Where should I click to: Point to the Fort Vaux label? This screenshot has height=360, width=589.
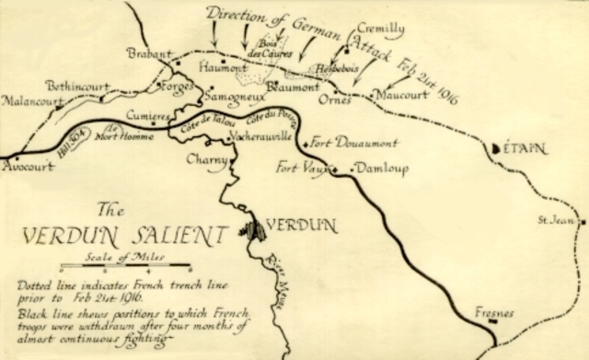point(303,168)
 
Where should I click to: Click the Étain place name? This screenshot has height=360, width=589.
point(523,147)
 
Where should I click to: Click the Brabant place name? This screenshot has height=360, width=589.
point(149,54)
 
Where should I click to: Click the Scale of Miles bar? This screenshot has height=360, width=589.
point(125,268)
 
